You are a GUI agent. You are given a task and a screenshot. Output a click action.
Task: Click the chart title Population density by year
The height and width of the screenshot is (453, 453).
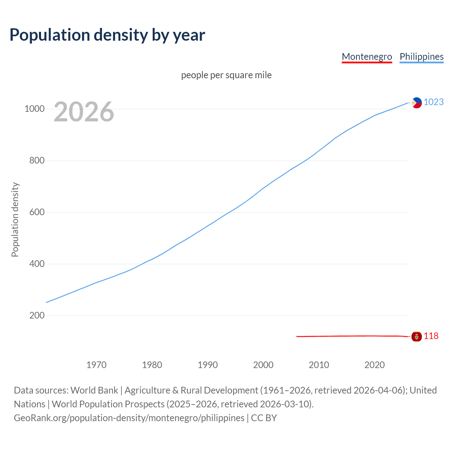point(107,35)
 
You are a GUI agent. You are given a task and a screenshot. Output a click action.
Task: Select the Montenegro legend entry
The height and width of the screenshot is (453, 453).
point(367,57)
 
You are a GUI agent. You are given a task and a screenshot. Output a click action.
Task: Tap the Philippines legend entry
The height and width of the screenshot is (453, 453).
point(421,57)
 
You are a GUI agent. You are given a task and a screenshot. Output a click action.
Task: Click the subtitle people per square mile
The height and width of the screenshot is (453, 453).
point(226,75)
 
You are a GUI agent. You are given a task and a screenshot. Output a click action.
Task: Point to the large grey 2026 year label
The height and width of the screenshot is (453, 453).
point(84,112)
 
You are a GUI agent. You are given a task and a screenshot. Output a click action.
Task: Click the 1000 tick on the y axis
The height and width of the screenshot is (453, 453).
point(34,109)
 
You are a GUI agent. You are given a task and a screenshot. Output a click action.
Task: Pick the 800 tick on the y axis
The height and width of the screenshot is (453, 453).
point(37,161)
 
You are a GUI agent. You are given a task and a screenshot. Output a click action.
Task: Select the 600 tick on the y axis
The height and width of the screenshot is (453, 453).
point(37,212)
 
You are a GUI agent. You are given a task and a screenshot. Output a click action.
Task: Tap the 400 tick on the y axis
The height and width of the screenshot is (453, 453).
point(37,264)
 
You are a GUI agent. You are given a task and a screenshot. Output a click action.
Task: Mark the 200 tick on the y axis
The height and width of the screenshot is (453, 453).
point(37,316)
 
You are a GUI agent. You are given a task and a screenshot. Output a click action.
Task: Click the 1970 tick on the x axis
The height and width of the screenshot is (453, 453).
point(96,365)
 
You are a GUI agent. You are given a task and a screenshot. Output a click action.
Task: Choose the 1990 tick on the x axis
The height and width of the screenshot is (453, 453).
point(208,365)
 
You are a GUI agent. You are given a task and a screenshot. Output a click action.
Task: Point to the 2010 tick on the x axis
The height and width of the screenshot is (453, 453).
point(319,365)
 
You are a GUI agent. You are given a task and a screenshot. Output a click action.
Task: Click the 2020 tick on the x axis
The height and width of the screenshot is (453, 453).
point(374,365)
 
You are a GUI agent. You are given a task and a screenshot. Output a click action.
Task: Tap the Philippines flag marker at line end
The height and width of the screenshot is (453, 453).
point(417,103)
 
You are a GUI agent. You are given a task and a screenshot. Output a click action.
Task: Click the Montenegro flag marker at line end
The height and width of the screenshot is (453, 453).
point(417,337)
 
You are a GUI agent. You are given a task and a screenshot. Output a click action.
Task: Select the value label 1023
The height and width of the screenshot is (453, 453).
point(434,102)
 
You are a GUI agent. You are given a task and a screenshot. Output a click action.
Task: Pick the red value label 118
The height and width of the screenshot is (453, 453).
point(431,336)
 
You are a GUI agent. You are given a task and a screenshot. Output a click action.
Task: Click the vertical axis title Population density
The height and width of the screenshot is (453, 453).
point(15,219)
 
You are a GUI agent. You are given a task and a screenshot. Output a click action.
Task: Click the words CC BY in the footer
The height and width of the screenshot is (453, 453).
point(264,418)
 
